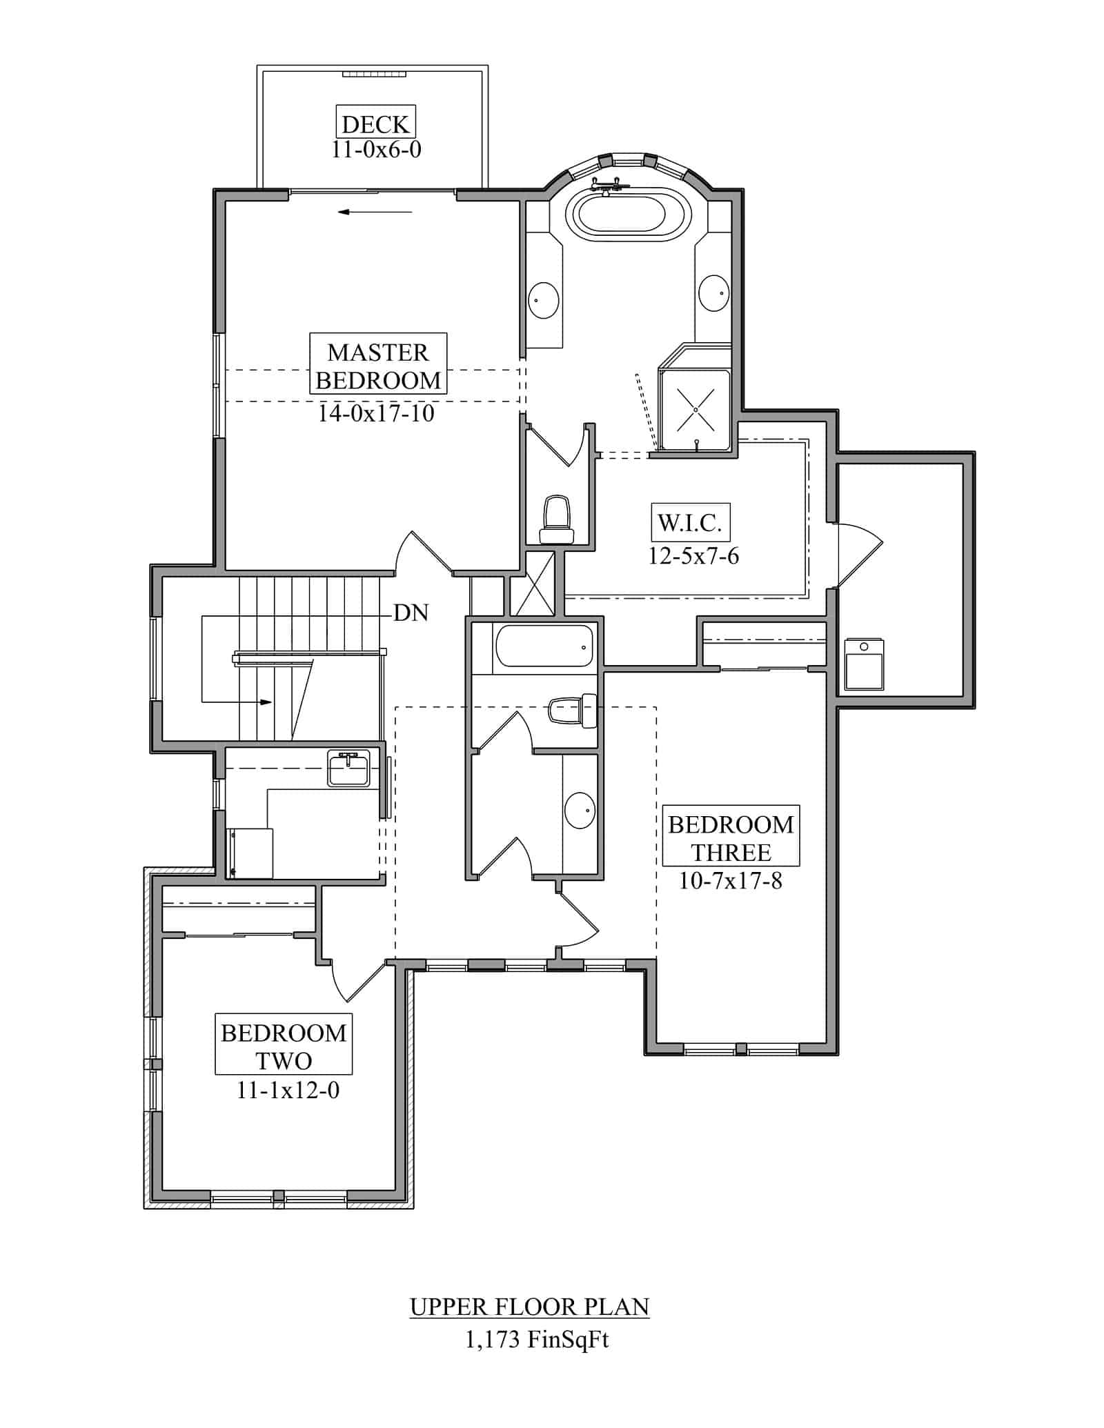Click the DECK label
coord(376,124)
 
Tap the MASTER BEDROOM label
coord(378,366)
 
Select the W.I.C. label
coord(689,523)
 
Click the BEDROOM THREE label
coord(731,838)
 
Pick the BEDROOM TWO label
coord(283,1047)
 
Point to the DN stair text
coord(411,613)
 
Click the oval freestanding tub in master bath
coord(627,215)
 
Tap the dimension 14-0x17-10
coord(376,413)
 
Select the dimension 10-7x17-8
coord(731,882)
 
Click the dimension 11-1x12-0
coord(288,1090)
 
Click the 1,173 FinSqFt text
coord(537,1340)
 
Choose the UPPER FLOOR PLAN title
coord(529,1307)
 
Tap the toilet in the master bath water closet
coord(557,519)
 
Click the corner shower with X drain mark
coord(695,410)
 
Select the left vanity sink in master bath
coord(543,300)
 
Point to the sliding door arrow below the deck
coord(375,212)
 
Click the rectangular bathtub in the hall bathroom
coord(544,646)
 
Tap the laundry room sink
coord(349,768)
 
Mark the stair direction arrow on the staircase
coord(265,702)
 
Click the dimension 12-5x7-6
coord(693,556)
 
